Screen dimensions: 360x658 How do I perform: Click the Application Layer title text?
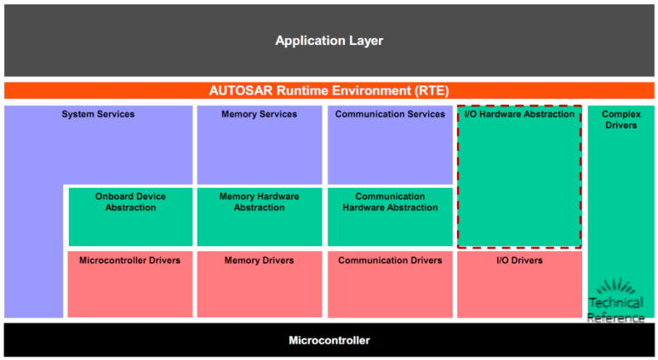coord(329,41)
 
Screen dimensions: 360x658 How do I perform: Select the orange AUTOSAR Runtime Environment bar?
coord(329,90)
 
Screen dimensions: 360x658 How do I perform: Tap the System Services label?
coord(98,114)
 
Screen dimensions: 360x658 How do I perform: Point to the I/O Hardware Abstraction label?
coord(518,114)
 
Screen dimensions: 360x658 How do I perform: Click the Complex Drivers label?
coord(621,119)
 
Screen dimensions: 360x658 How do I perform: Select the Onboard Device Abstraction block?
coord(130,215)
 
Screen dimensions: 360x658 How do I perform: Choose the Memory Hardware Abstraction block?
coord(259,215)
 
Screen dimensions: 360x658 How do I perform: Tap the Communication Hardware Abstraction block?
coord(390,215)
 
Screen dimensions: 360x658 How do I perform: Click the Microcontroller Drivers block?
coord(130,283)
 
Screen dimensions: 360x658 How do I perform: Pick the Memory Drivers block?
coord(259,283)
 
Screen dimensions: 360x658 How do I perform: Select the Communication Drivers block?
coord(390,283)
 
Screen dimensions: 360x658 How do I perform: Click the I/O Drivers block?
coord(518,283)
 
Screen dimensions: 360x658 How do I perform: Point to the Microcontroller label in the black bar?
coord(329,340)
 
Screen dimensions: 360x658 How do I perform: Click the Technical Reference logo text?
coord(615,310)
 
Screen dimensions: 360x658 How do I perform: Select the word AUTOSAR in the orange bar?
coord(241,90)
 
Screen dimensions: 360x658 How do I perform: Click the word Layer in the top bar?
coord(365,41)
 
